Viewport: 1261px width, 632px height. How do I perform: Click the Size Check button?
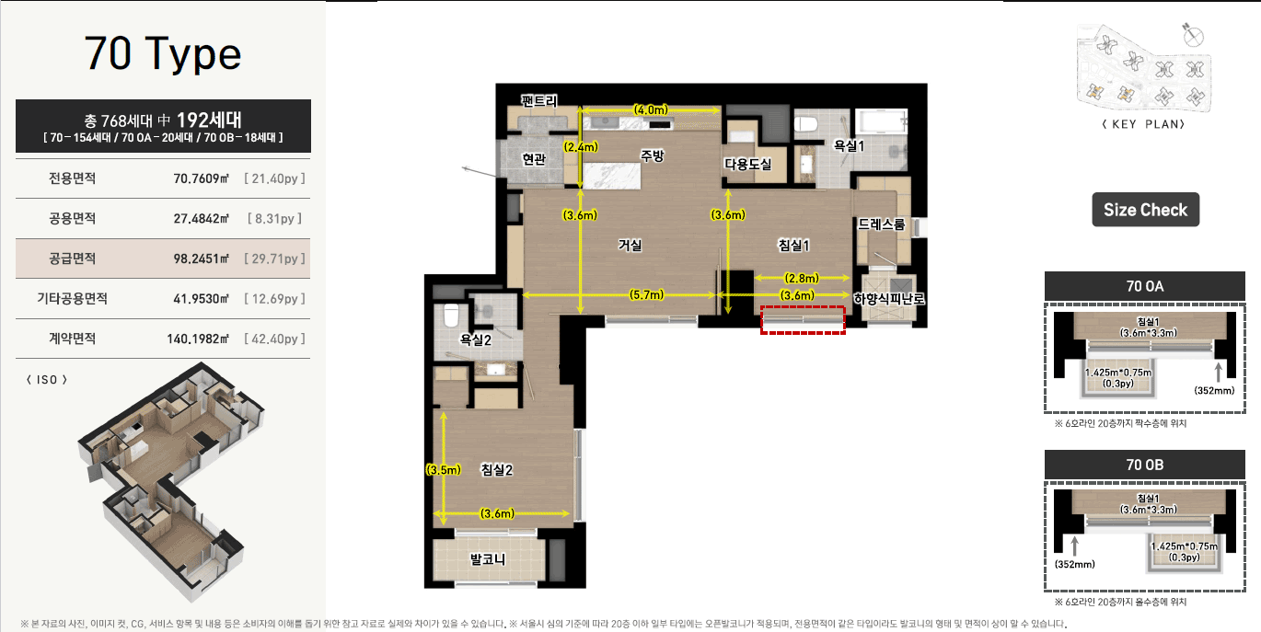coord(1146,210)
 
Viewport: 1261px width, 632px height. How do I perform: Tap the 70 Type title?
coord(163,53)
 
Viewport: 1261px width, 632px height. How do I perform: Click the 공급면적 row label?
coord(72,259)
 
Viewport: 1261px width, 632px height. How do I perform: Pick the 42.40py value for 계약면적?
coord(274,339)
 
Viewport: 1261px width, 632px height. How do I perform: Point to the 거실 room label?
coord(630,245)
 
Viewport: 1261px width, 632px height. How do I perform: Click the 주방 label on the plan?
coord(653,155)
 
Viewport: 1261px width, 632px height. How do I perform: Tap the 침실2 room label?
coord(496,469)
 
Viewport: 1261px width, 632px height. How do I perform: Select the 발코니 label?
coord(488,558)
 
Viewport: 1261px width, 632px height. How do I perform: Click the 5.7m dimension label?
coord(646,294)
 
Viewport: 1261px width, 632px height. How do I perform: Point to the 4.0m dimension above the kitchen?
coord(651,109)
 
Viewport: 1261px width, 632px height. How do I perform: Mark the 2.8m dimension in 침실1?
coord(802,278)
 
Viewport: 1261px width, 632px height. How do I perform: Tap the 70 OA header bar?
coord(1144,286)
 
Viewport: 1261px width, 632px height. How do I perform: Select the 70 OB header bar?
coord(1144,465)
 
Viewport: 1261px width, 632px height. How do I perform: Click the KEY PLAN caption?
coord(1143,124)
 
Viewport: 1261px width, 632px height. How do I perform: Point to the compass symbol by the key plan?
coord(1192,36)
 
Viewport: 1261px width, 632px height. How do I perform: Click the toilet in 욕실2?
coord(452,316)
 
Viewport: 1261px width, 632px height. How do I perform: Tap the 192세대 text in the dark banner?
coord(209,120)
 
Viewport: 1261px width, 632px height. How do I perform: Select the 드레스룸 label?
coord(881,224)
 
